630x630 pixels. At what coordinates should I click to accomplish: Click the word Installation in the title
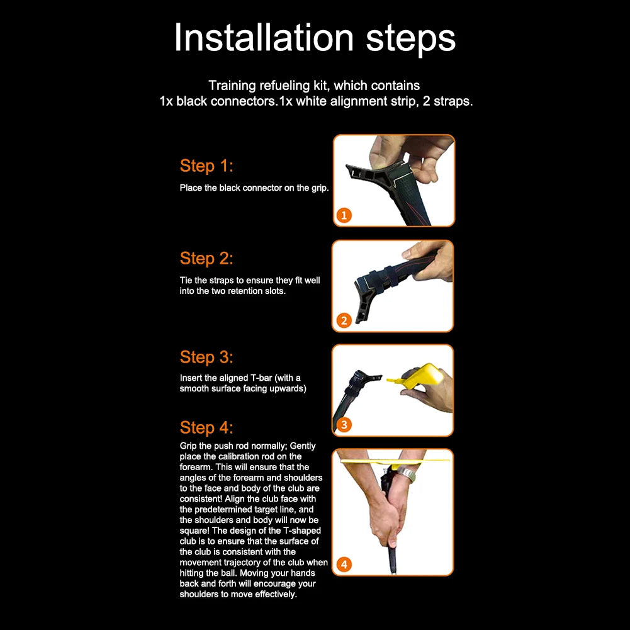[x=264, y=37]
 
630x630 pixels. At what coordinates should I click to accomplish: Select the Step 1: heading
[x=206, y=166]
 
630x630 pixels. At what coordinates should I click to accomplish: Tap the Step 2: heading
[x=206, y=258]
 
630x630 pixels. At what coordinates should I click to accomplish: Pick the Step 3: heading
[x=206, y=357]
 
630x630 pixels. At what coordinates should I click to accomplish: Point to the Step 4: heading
[x=206, y=427]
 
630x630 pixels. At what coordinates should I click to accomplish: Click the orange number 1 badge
[x=344, y=215]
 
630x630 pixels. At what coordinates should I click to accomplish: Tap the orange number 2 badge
[x=344, y=320]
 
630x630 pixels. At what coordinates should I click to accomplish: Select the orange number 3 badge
[x=344, y=425]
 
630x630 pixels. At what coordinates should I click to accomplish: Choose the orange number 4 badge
[x=344, y=565]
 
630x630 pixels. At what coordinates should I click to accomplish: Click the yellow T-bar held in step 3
[x=418, y=376]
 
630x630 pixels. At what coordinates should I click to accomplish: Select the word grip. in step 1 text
[x=320, y=188]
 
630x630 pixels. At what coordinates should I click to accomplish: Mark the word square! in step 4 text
[x=194, y=531]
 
